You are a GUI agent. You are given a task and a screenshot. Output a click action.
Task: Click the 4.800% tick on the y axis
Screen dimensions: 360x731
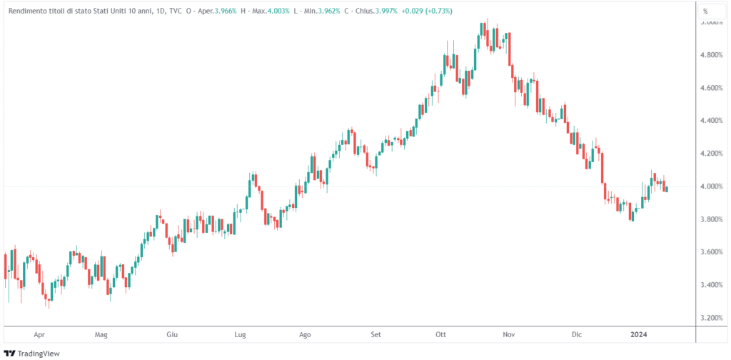tap(714, 55)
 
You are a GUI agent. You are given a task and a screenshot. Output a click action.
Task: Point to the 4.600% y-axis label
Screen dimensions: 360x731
tap(714, 88)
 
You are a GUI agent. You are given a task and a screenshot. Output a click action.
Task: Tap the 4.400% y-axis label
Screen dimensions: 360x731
tap(714, 121)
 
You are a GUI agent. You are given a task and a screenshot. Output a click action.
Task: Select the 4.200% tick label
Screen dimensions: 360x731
tap(714, 154)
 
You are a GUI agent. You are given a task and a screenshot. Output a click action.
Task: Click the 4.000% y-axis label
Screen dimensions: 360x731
tap(714, 186)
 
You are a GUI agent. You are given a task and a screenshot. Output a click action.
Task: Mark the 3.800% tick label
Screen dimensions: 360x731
tap(714, 219)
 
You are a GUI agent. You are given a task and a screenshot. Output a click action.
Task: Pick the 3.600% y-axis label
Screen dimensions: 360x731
tap(714, 252)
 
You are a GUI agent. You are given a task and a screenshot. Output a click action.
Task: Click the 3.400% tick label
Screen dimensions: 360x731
tap(714, 285)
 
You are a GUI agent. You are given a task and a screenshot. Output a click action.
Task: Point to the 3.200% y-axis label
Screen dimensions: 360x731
tap(714, 318)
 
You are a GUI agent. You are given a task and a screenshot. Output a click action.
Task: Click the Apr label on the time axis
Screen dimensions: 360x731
tap(39, 334)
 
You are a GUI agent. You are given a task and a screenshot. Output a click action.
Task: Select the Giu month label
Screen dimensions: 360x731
tap(171, 334)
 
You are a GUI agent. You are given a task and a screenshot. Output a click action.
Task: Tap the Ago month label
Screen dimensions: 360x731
tap(305, 334)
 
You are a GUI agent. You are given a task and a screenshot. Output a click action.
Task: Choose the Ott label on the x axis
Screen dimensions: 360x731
tap(440, 334)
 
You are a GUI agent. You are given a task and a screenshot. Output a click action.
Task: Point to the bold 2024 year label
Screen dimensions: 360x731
tap(638, 334)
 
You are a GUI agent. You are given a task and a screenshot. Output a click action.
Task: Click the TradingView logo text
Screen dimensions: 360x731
tap(39, 353)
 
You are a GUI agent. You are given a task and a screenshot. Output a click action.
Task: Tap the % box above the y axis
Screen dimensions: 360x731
tap(705, 11)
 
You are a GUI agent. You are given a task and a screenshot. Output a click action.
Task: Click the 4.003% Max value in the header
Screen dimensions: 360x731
tap(275, 11)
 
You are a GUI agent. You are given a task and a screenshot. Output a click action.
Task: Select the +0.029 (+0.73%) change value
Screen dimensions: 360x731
tap(426, 11)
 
